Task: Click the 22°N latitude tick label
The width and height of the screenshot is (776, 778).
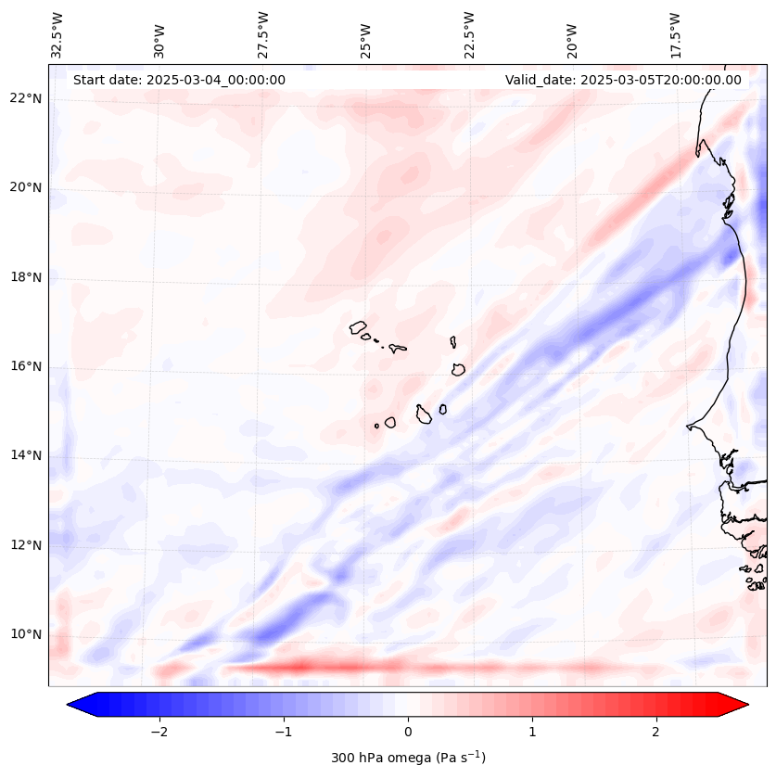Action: coord(26,99)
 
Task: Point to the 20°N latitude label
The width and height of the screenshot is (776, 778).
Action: coord(26,188)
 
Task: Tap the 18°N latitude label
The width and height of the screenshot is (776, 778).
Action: coord(26,277)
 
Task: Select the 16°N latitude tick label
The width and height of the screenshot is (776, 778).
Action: coord(26,366)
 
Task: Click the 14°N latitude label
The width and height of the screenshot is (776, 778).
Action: coord(26,455)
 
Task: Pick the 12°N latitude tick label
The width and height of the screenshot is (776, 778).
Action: coord(26,545)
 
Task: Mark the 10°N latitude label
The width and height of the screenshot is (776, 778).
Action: coord(26,634)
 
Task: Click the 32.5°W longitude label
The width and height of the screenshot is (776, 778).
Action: coord(57,35)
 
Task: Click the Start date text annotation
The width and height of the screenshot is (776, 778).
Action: coord(179,80)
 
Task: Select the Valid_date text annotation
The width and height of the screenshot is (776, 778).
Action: coord(623,80)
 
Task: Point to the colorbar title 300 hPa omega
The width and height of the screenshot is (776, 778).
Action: coord(408,758)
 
